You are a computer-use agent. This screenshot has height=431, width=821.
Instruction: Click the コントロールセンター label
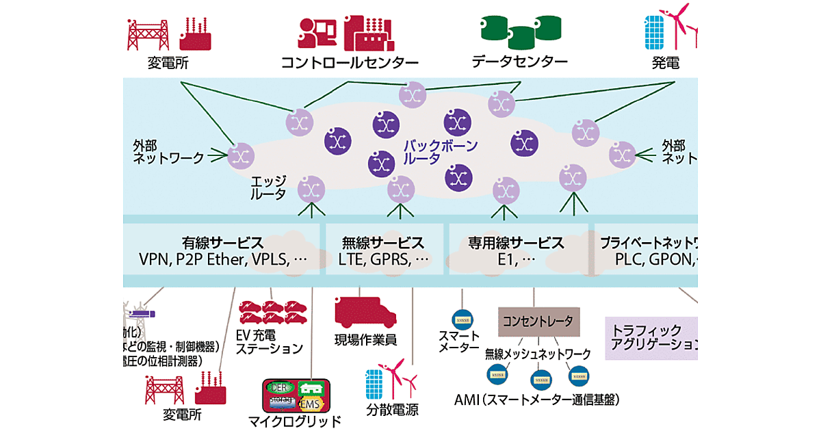coord(350,62)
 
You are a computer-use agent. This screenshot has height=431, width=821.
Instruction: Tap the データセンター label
coord(519,62)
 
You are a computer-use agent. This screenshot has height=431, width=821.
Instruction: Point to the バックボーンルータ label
coord(440,152)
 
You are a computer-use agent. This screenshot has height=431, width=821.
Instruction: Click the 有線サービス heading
coord(223,243)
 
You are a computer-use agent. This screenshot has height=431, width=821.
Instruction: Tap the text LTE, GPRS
coord(383,260)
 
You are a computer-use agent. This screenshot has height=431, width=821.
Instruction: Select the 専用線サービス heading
coord(516,243)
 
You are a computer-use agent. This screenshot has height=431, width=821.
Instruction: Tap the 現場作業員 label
coord(365,340)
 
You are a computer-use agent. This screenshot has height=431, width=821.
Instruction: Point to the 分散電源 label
coord(392,410)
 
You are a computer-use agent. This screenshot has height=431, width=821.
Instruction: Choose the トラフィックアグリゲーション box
coord(654,335)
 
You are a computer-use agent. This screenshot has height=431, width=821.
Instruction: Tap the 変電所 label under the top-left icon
coord(168,63)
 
